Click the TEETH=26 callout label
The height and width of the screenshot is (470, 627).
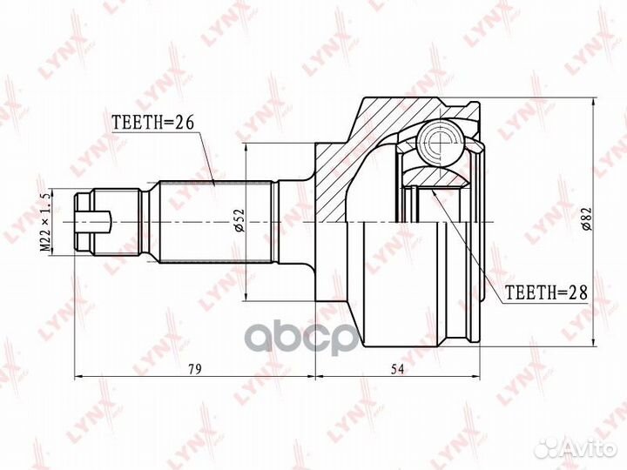click(152, 123)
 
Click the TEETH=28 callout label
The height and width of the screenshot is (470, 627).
click(547, 292)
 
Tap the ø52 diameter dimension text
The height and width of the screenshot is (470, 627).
click(239, 220)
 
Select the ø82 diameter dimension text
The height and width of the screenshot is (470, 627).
click(587, 219)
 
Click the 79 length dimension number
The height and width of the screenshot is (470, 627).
click(195, 369)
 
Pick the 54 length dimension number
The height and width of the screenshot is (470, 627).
click(397, 369)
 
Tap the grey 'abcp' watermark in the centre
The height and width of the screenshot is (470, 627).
click(300, 338)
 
